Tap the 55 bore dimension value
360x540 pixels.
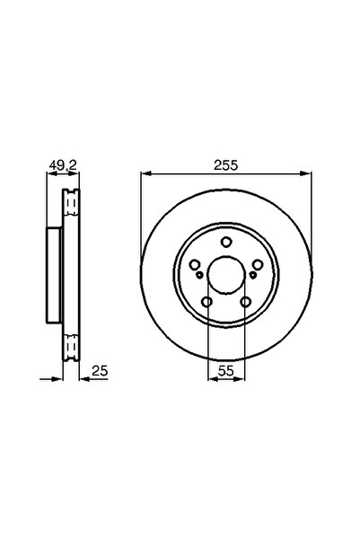[225, 370]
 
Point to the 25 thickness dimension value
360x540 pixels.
[101, 370]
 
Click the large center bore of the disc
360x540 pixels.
[225, 272]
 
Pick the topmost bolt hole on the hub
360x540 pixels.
[225, 241]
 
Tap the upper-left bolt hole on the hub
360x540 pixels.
[195, 263]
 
